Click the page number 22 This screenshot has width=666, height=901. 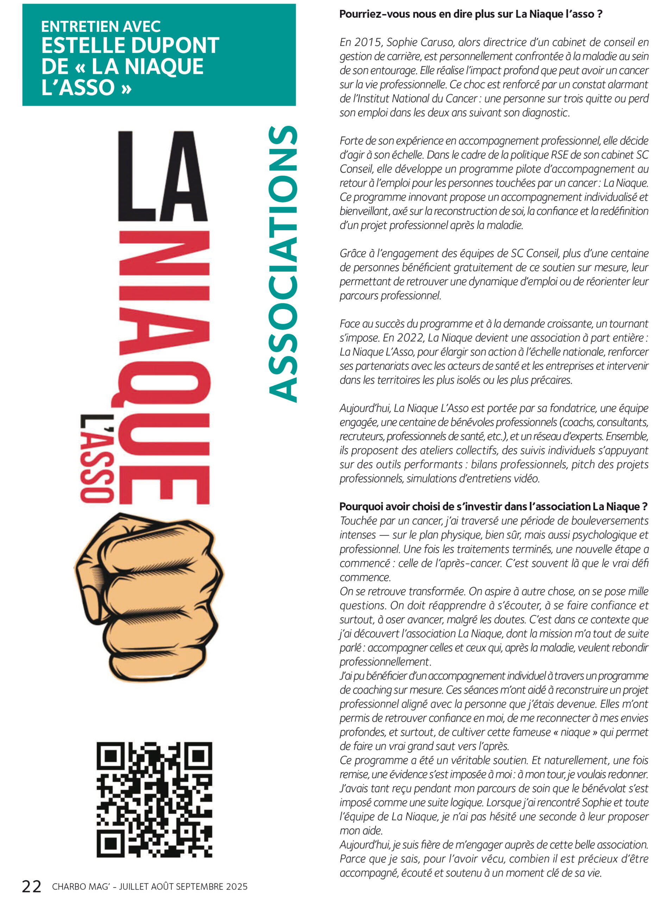[x=31, y=887]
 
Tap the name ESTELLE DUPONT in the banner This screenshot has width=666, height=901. [x=130, y=45]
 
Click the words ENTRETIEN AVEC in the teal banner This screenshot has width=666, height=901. [x=101, y=27]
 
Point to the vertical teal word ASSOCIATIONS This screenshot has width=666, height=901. [x=283, y=264]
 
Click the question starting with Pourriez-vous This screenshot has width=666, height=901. [x=471, y=14]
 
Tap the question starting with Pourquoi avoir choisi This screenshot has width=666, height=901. [x=493, y=506]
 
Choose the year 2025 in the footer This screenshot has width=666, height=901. [x=237, y=887]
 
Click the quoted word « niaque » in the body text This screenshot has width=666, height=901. [x=575, y=732]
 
